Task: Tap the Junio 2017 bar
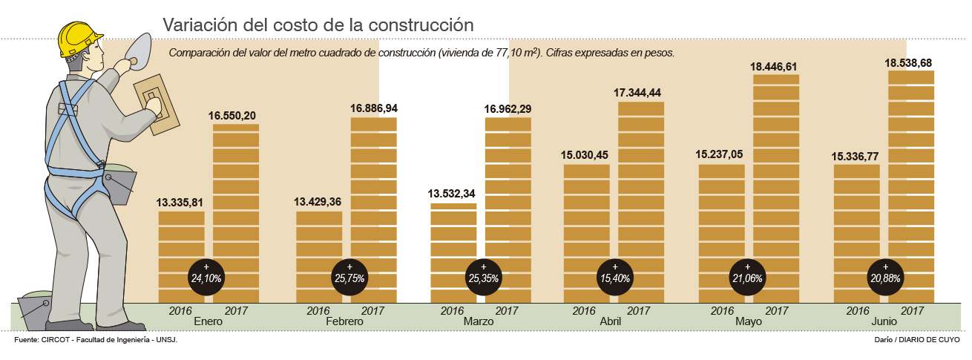click(x=910, y=186)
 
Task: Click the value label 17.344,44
click(x=642, y=93)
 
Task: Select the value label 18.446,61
click(x=777, y=66)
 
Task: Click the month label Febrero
click(x=344, y=322)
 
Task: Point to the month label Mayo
click(x=748, y=322)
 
